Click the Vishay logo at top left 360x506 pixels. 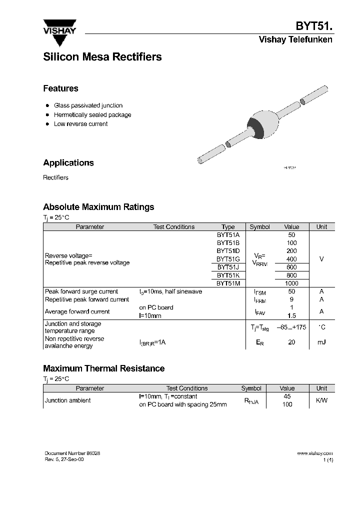[59, 28]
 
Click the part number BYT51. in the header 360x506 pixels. [314, 26]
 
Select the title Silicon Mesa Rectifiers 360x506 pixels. [102, 57]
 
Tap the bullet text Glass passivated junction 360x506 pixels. [88, 105]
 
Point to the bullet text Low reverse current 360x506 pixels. [80, 124]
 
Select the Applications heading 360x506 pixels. [68, 162]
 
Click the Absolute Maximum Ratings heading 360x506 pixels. [98, 207]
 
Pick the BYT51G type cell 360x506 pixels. [228, 259]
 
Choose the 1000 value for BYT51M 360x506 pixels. [291, 283]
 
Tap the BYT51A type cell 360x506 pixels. [228, 235]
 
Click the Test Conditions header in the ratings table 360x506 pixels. [173, 227]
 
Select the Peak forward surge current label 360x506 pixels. [81, 291]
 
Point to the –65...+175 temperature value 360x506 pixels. [291, 327]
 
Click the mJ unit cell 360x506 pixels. [321, 342]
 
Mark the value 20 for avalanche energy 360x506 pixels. [291, 342]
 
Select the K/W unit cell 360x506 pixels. [321, 400]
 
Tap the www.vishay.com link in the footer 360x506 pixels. [314, 453]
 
